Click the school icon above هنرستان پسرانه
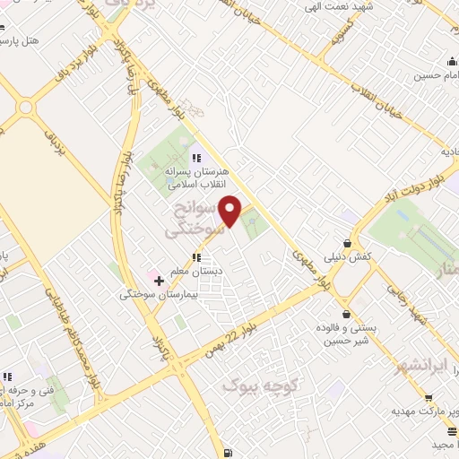[196, 159]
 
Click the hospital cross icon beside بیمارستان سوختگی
[160, 281]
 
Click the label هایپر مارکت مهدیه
[420, 411]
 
